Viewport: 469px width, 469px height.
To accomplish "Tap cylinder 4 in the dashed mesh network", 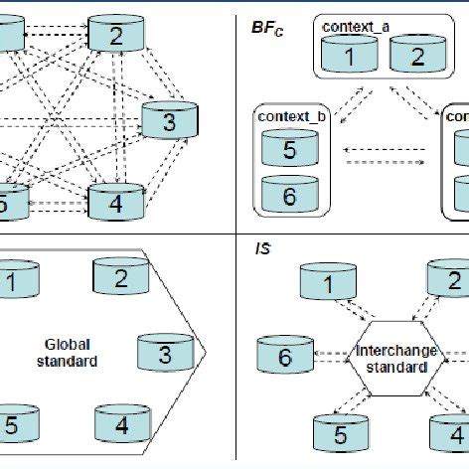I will coord(117,202).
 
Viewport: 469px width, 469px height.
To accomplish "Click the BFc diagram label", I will coord(265,29).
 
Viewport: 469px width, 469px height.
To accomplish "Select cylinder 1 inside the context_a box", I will coord(349,56).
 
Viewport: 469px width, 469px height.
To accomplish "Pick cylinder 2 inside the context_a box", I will coord(416,56).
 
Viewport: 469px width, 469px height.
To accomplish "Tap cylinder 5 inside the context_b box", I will coord(289,149).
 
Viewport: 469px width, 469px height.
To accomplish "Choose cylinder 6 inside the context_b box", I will coord(289,196).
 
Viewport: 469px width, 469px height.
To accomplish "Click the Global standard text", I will coord(69,354).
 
